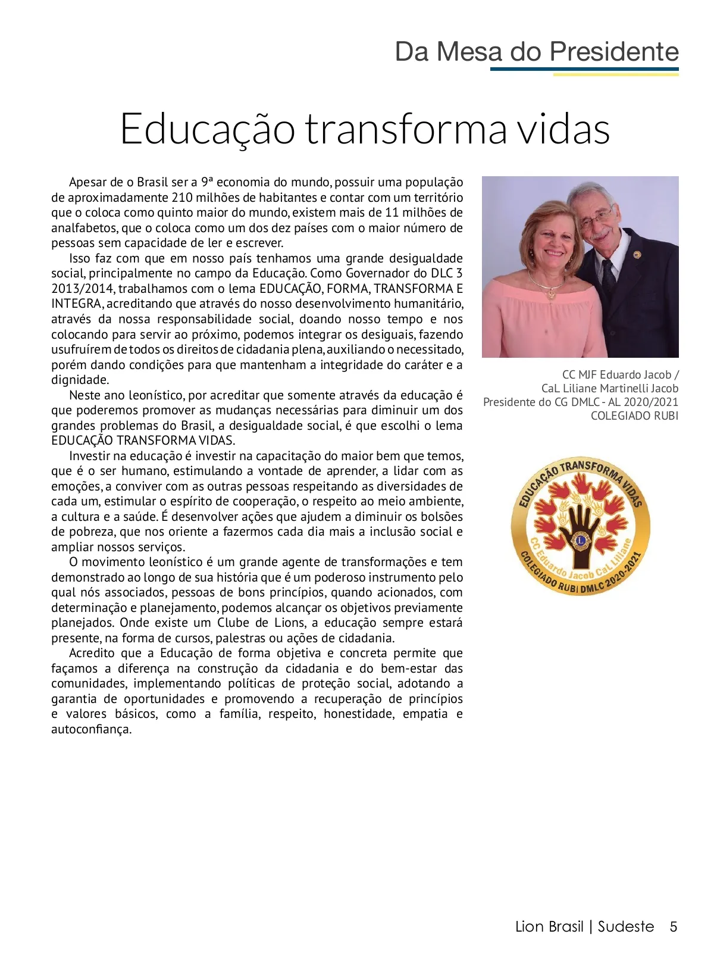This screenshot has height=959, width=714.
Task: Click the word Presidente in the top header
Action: tap(614, 52)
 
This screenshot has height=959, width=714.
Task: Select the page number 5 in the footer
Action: tap(674, 927)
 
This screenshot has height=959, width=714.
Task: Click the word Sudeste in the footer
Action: tap(626, 927)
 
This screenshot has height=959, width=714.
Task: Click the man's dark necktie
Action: tap(608, 275)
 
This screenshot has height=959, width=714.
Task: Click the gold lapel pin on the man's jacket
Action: tap(637, 254)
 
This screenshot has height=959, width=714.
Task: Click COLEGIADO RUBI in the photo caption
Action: tap(634, 416)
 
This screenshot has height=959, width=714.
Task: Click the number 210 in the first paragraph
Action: tap(182, 198)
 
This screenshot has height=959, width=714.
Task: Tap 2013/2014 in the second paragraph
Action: tap(83, 289)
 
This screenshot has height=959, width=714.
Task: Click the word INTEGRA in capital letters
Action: tap(76, 304)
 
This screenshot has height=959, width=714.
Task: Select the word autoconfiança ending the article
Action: tap(91, 730)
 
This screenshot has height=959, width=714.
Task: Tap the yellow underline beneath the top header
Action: tap(616, 75)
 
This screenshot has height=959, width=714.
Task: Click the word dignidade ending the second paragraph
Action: tap(80, 380)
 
